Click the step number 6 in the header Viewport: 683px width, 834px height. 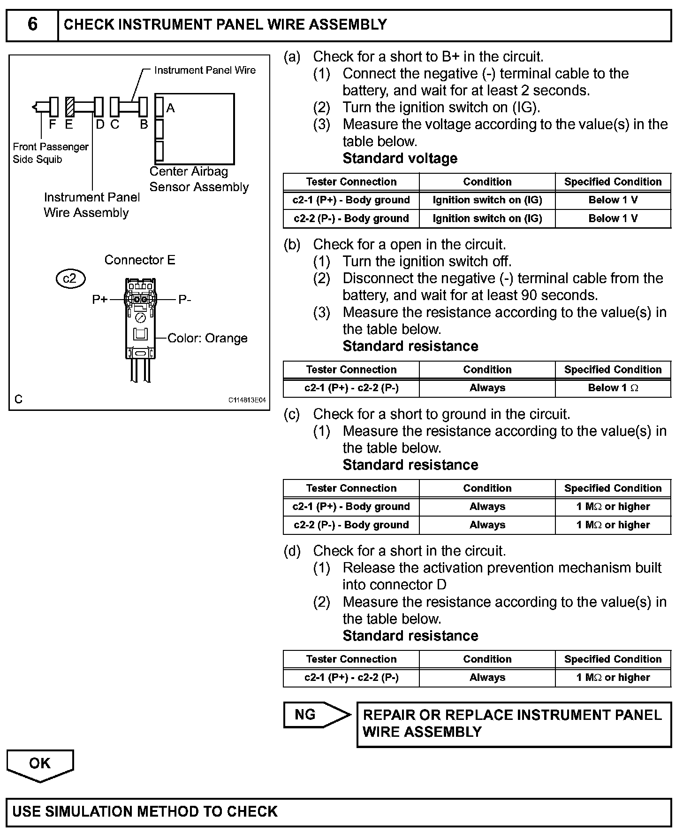(32, 24)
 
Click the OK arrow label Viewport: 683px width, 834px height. (39, 763)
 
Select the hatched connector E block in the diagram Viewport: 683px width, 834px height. (70, 107)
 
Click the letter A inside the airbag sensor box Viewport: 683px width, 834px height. (170, 108)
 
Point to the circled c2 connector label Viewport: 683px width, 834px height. (70, 279)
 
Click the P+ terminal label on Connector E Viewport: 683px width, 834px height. (100, 299)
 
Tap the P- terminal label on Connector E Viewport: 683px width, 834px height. (184, 300)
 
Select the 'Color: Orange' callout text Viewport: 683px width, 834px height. (207, 338)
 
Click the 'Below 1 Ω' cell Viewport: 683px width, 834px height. (613, 388)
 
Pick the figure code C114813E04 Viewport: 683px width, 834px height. (247, 400)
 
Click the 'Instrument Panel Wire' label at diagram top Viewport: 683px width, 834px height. (205, 70)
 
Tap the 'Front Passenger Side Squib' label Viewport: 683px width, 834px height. (50, 153)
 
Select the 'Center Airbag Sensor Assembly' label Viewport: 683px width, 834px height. (199, 179)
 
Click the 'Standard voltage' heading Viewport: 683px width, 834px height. (400, 158)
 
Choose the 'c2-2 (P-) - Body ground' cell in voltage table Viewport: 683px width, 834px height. (351, 218)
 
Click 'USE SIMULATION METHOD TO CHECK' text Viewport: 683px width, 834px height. (145, 811)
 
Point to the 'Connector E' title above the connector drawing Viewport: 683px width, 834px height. (139, 260)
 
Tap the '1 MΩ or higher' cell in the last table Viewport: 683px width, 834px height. (613, 677)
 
